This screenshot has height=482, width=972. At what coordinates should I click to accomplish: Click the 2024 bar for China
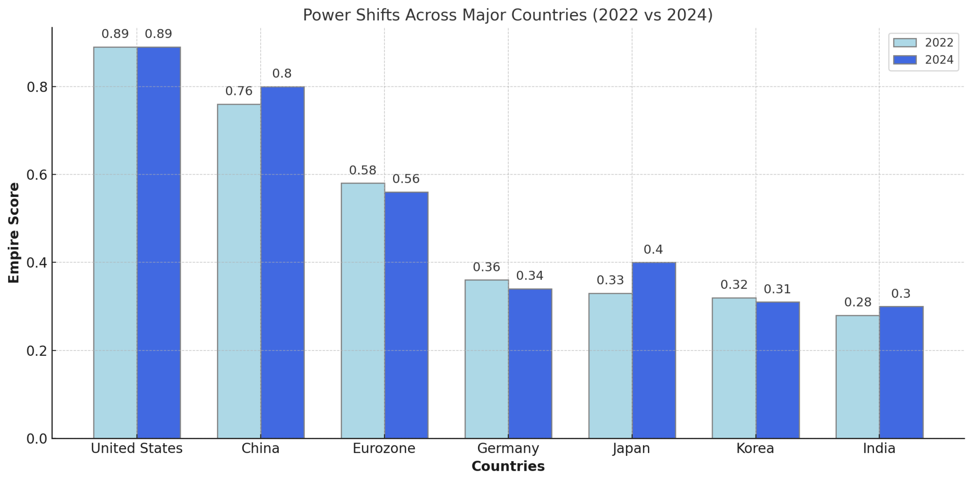[x=282, y=262]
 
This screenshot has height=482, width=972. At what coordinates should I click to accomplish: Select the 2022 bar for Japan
[x=610, y=365]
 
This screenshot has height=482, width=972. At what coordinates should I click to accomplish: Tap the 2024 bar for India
[x=901, y=372]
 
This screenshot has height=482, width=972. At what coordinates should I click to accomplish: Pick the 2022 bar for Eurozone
[x=363, y=310]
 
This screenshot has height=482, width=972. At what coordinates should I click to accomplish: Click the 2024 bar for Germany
[x=530, y=363]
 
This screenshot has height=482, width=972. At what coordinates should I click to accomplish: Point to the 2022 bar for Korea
[x=734, y=368]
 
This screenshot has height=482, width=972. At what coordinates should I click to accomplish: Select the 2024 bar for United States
[x=159, y=242]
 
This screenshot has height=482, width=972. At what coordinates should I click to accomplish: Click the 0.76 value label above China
[x=239, y=91]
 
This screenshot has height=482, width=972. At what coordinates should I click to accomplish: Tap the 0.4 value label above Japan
[x=653, y=250]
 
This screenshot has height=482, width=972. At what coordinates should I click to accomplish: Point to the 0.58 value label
[x=363, y=170]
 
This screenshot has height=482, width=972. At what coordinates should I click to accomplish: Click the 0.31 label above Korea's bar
[x=777, y=289]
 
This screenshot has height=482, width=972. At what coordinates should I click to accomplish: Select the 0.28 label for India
[x=858, y=302]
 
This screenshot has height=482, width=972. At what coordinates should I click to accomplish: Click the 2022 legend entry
[x=923, y=43]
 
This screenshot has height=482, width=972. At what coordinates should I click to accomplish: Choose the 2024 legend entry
[x=923, y=60]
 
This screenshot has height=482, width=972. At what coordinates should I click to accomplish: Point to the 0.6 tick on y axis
[x=37, y=175]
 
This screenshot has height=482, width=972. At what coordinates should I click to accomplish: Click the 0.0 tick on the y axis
[x=37, y=439]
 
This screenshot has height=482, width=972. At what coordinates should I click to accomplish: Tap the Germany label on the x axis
[x=508, y=448]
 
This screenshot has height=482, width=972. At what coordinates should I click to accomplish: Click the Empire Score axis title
[x=14, y=232]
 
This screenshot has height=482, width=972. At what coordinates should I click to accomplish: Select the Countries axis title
[x=508, y=466]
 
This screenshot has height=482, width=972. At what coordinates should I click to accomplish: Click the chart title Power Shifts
[x=508, y=15]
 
